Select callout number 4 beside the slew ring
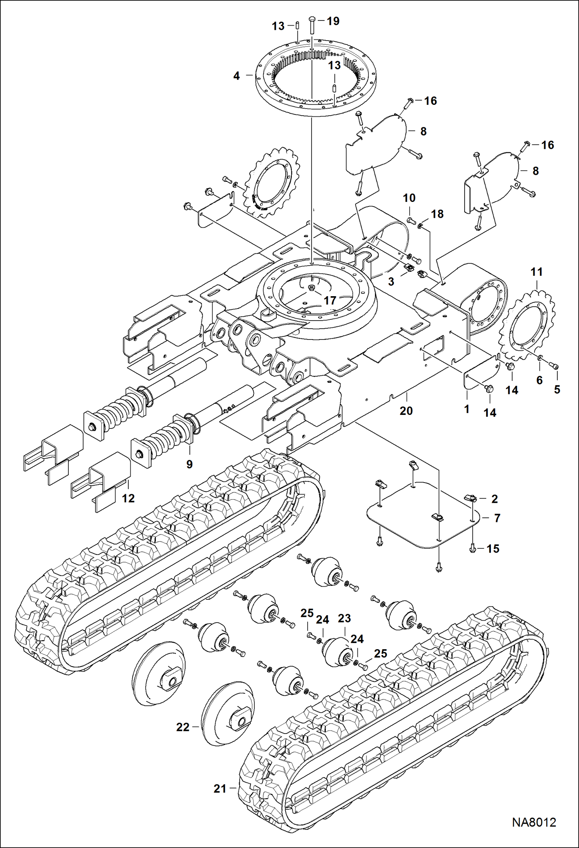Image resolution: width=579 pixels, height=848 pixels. pyautogui.click(x=237, y=76)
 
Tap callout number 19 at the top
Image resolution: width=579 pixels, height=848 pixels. pyautogui.click(x=333, y=21)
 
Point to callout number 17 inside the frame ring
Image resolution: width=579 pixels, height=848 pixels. pyautogui.click(x=330, y=300)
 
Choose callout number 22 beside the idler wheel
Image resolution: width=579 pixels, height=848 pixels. pyautogui.click(x=183, y=727)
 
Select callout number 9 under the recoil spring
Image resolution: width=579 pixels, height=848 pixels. pyautogui.click(x=189, y=464)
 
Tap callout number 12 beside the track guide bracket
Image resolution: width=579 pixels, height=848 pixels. pyautogui.click(x=128, y=498)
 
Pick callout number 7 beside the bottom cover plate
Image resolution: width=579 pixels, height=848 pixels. pyautogui.click(x=497, y=518)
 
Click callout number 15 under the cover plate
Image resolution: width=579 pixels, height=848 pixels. pyautogui.click(x=493, y=548)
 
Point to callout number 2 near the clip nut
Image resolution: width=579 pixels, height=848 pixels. pyautogui.click(x=494, y=499)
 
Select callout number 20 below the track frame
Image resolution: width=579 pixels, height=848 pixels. pyautogui.click(x=406, y=411)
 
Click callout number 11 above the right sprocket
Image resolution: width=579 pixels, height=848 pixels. pyautogui.click(x=536, y=272)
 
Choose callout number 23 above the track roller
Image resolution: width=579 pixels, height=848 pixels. pyautogui.click(x=344, y=618)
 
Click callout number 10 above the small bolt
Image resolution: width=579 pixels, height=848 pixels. pyautogui.click(x=409, y=198)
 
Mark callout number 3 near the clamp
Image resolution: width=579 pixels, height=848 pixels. pyautogui.click(x=391, y=282)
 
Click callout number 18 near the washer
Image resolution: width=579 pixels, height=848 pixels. pyautogui.click(x=437, y=214)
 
